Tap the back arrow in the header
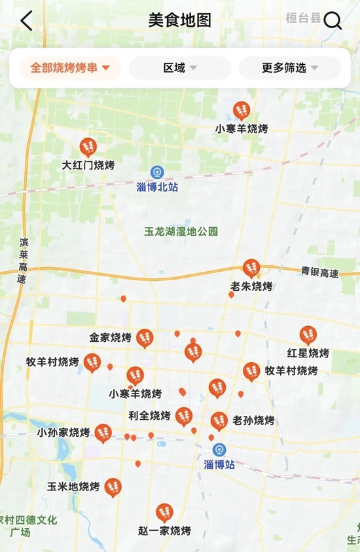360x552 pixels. click(x=26, y=20)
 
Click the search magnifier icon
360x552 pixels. click(x=333, y=21)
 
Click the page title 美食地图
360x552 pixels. click(x=180, y=20)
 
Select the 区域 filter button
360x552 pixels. click(x=180, y=67)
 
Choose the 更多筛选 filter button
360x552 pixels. click(x=290, y=67)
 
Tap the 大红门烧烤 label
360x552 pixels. click(x=88, y=165)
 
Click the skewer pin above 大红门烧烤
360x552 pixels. click(x=88, y=147)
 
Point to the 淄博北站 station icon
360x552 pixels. click(x=157, y=172)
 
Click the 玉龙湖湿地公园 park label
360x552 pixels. click(x=181, y=232)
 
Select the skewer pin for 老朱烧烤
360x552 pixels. click(x=251, y=268)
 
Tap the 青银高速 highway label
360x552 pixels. click(x=320, y=272)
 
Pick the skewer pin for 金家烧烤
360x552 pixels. click(x=145, y=338)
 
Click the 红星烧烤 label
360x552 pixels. click(x=308, y=353)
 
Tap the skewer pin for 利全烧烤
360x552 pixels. click(x=184, y=416)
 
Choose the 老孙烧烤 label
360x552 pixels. click(x=253, y=420)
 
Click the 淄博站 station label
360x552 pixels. click(x=219, y=464)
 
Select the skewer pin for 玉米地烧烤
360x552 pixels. click(x=113, y=487)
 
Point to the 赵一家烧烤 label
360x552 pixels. click(x=164, y=530)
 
